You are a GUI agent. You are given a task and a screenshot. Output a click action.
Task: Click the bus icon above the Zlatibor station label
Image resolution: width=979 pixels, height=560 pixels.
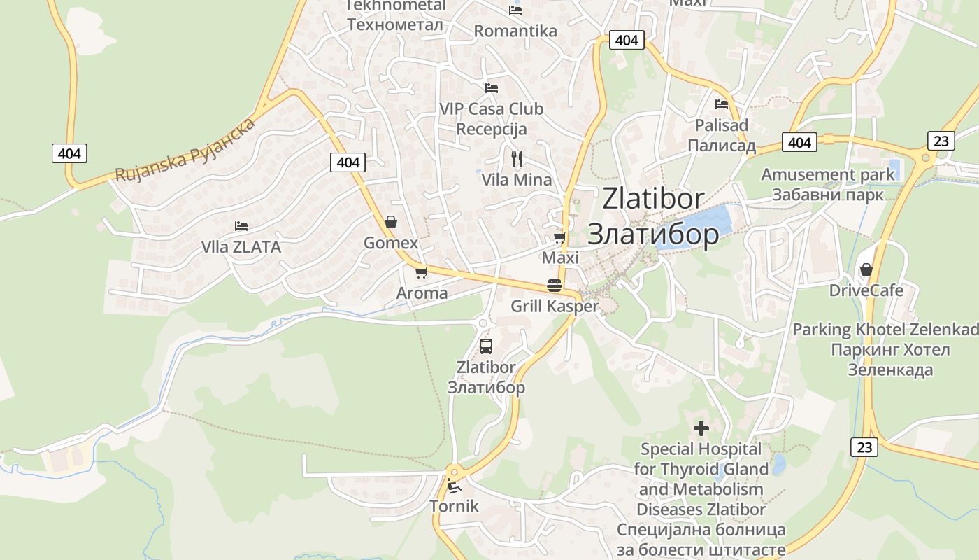click(486, 346)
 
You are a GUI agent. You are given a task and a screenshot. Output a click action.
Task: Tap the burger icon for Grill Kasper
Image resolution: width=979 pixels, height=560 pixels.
click(555, 286)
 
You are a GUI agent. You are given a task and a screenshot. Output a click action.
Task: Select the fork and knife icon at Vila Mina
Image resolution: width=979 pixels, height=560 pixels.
click(517, 158)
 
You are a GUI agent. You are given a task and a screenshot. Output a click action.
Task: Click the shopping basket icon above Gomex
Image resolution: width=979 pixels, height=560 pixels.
click(391, 222)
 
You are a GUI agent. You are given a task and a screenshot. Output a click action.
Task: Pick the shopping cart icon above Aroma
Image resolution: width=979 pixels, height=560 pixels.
click(421, 272)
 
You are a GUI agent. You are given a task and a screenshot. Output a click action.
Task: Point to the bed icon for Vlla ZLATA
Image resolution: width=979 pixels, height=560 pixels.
click(241, 226)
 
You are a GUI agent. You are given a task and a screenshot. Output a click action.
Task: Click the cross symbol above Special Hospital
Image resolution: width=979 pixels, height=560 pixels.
click(701, 428)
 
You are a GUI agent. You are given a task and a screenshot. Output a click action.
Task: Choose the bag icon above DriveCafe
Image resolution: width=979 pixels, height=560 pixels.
click(866, 269)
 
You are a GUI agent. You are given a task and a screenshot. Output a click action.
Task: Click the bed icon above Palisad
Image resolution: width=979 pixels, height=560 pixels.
click(722, 104)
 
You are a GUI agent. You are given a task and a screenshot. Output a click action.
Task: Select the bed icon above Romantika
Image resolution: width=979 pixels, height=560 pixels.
click(515, 10)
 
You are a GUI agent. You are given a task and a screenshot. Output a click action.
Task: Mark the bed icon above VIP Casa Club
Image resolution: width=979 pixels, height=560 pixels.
click(492, 88)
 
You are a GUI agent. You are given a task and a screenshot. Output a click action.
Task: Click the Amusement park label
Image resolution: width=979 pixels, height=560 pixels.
click(828, 174)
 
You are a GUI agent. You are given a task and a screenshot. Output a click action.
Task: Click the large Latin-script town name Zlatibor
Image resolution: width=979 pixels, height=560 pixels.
click(653, 199)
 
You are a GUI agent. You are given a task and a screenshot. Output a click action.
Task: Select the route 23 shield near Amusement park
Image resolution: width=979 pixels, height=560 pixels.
click(941, 141)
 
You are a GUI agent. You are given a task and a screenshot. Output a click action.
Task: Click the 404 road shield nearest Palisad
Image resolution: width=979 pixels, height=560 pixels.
click(799, 143)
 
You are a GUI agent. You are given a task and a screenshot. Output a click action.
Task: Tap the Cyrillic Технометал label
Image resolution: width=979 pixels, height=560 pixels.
click(395, 24)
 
